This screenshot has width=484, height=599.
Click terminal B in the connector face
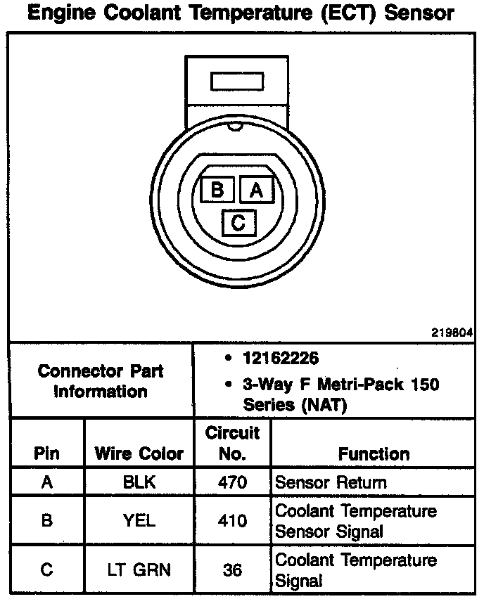217,189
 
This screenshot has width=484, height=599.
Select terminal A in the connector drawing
256,189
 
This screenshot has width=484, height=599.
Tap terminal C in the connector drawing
238,224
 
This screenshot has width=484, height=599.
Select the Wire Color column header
139,453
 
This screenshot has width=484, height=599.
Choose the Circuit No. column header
232,443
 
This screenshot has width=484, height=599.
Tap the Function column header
374,454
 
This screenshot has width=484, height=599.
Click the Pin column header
47,453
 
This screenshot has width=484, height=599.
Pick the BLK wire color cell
139,483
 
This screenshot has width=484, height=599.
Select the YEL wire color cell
139,521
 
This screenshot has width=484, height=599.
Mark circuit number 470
232,483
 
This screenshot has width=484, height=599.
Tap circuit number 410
232,521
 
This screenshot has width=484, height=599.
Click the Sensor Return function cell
331,483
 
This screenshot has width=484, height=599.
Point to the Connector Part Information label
101,380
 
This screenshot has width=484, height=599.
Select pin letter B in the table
47,521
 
